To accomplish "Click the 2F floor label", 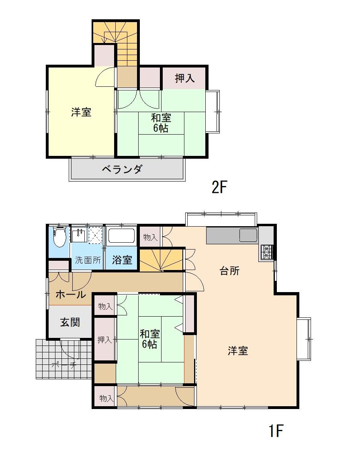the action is [x=219, y=187].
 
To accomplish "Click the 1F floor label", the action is [x=276, y=430].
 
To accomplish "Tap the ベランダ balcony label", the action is [x=122, y=169].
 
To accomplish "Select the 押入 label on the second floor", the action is [x=184, y=78].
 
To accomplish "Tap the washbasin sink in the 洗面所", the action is [x=79, y=235].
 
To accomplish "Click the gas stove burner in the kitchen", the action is [x=267, y=253].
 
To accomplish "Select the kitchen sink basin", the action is [x=248, y=235].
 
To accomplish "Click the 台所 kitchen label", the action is [x=230, y=271].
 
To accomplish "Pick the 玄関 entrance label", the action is [x=70, y=322].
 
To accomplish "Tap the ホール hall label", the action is [x=71, y=294].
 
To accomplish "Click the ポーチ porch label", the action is [x=64, y=365].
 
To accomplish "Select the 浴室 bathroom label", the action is [x=122, y=260].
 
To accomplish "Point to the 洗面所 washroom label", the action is [x=88, y=260].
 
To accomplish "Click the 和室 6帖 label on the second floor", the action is [x=161, y=123].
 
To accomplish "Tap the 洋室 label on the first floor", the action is [x=238, y=351].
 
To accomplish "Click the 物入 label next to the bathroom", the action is [x=150, y=237].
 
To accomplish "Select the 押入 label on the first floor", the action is [x=104, y=340].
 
